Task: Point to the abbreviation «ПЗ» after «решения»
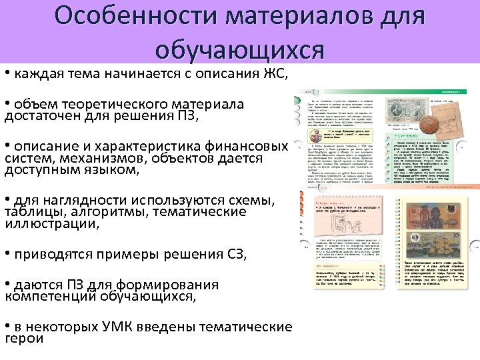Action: pos(185,117)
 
